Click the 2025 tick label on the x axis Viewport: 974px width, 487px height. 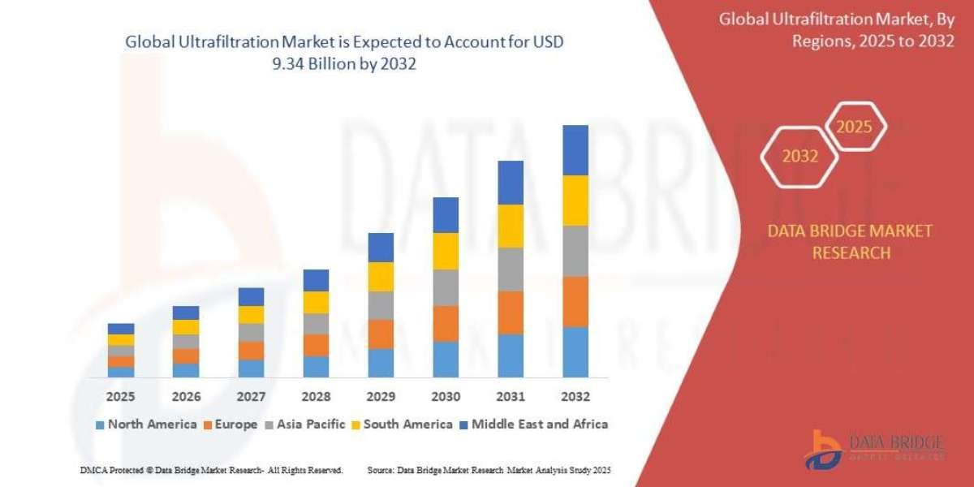coord(121,397)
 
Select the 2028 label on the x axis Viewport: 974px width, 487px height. coord(316,397)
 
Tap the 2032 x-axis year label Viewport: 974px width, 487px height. coord(575,397)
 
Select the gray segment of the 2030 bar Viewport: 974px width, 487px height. coord(445,287)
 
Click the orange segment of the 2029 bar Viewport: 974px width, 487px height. coord(381,334)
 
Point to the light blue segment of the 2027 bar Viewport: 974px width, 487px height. coord(251,368)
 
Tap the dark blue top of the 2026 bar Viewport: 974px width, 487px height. coord(186,312)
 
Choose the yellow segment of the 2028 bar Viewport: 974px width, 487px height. coord(316,302)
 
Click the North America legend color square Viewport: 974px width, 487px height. coord(100,425)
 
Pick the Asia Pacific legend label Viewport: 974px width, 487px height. coord(311,424)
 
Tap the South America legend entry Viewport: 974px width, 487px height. coord(407,424)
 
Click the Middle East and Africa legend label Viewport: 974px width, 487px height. coord(540,424)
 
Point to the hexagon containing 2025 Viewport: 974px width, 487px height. coord(855,127)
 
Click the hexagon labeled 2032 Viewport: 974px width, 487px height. coord(799,157)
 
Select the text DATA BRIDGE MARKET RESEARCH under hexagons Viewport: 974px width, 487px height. coord(850,242)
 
